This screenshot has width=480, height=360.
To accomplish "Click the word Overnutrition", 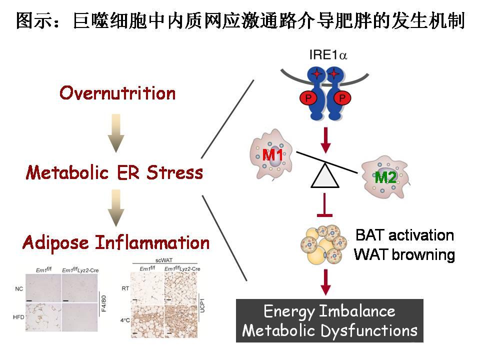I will pyautogui.click(x=117, y=93).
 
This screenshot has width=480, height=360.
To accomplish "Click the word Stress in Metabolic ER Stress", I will pyautogui.click(x=175, y=172).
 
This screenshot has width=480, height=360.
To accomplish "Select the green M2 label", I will pyautogui.click(x=386, y=177).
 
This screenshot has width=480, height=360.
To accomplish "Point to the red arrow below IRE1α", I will pyautogui.click(x=326, y=140).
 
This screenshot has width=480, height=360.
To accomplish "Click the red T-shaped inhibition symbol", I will pyautogui.click(x=325, y=209).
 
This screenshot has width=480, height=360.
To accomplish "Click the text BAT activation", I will pyautogui.click(x=404, y=235).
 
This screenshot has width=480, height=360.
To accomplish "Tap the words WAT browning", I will pyautogui.click(x=404, y=255).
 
